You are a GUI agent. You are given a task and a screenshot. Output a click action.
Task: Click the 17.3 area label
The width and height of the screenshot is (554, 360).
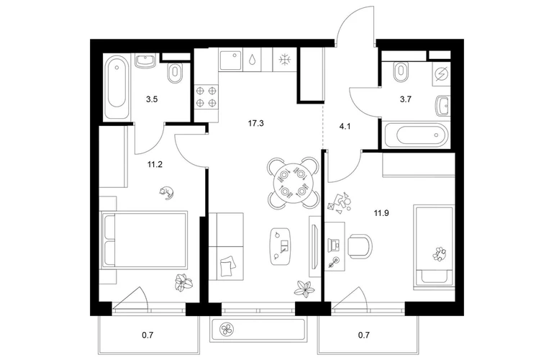pyautogui.click(x=256, y=123)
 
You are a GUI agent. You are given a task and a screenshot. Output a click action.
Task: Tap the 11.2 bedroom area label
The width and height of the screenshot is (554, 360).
pyautogui.click(x=155, y=164)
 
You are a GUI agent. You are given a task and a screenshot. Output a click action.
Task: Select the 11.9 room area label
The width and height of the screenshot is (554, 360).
pyautogui.click(x=381, y=213)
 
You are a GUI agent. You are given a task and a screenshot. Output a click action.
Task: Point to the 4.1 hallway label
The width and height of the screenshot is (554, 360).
pyautogui.click(x=345, y=126)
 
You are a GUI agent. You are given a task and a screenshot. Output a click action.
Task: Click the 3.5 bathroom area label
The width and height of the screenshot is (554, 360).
pyautogui.click(x=152, y=99)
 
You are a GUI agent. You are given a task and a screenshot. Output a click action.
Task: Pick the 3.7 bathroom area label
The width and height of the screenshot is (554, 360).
pyautogui.click(x=406, y=99)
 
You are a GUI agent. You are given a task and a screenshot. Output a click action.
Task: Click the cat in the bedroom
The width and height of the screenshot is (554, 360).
pyautogui.click(x=166, y=193)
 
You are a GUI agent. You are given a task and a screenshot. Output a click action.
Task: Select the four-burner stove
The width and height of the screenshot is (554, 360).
pyautogui.click(x=206, y=96)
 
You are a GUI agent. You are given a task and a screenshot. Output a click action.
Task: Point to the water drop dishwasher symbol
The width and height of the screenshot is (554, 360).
pyautogui.click(x=253, y=60)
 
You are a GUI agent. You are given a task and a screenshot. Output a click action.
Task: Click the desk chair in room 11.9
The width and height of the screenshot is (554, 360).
pyautogui.click(x=360, y=246)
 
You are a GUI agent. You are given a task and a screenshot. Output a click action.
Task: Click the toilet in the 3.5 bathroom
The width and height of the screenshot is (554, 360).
pyautogui.click(x=175, y=73)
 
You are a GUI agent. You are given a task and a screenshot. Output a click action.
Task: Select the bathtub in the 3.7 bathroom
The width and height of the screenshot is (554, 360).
pyautogui.click(x=417, y=135)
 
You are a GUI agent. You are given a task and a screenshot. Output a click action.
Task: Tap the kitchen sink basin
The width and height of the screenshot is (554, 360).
pyautogui.click(x=231, y=60)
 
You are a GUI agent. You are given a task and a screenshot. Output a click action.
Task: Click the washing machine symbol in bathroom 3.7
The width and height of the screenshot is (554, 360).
pyautogui.click(x=441, y=75)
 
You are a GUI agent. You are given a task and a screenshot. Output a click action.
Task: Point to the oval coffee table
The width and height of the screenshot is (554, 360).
pyautogui.click(x=281, y=247)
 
